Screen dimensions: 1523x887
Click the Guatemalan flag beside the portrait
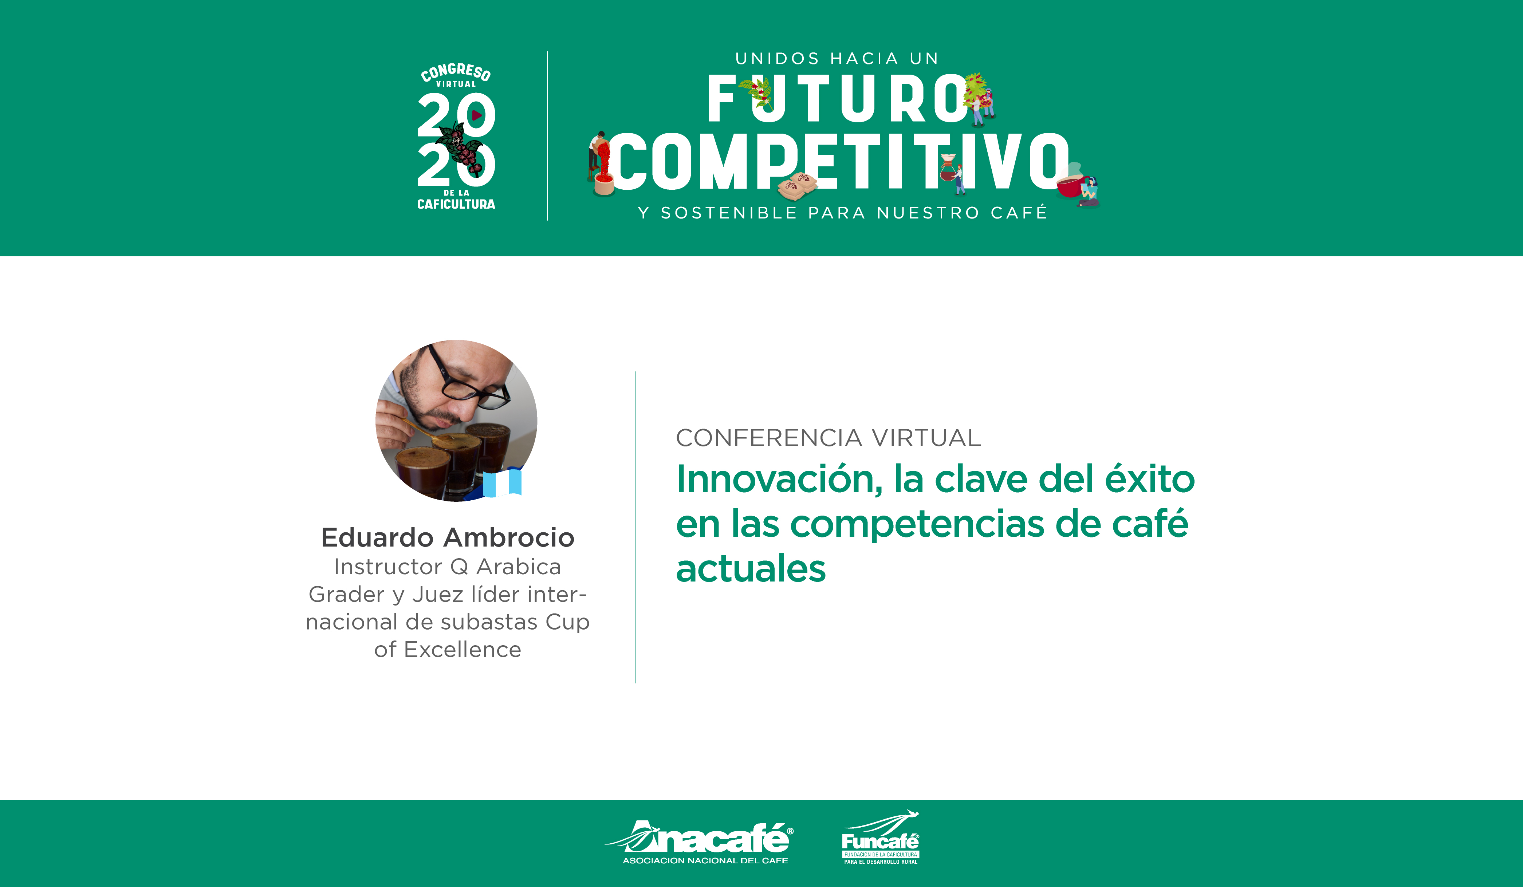(502, 482)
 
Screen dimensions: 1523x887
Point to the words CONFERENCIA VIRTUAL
(828, 437)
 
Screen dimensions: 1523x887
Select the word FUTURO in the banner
(837, 98)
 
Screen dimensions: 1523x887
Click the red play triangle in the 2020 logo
(477, 115)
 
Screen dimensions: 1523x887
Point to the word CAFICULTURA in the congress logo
(456, 204)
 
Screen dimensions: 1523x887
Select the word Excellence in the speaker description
(463, 650)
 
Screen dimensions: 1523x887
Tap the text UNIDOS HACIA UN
(837, 59)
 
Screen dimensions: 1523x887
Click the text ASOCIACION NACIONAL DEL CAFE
(705, 860)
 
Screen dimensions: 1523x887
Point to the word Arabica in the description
(519, 567)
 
